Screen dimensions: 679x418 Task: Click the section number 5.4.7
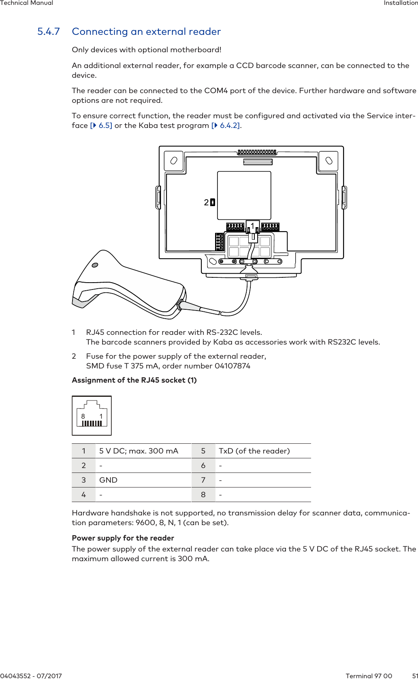pyautogui.click(x=49, y=32)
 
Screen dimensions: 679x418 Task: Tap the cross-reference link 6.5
pyautogui.click(x=104, y=126)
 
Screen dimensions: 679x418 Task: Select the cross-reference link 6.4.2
pyautogui.click(x=229, y=126)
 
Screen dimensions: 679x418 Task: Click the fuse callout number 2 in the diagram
pyautogui.click(x=207, y=202)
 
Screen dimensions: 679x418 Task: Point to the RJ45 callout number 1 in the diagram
pyautogui.click(x=252, y=225)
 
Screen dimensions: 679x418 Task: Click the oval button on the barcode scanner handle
pyautogui.click(x=95, y=265)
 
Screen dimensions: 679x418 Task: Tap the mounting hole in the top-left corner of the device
pyautogui.click(x=174, y=160)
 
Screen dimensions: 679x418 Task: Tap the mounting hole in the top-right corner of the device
pyautogui.click(x=329, y=160)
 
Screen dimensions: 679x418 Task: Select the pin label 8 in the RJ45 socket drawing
pyautogui.click(x=83, y=416)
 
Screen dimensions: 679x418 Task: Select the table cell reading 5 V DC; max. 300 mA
pyautogui.click(x=139, y=451)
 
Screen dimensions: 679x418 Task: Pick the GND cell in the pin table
pyautogui.click(x=108, y=480)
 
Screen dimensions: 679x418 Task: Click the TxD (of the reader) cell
pyautogui.click(x=254, y=451)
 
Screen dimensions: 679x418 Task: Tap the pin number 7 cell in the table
pyautogui.click(x=203, y=480)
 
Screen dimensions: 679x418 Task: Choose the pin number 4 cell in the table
pyautogui.click(x=83, y=495)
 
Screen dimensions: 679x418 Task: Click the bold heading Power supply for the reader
pyautogui.click(x=123, y=538)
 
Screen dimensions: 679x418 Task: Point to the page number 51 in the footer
pyautogui.click(x=414, y=675)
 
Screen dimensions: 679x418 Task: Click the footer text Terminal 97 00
pyautogui.click(x=369, y=675)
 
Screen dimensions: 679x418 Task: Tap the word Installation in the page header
pyautogui.click(x=400, y=3)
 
